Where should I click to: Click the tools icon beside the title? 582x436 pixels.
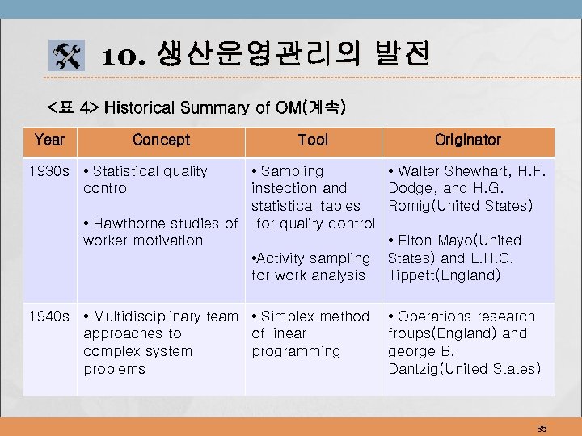pos(67,57)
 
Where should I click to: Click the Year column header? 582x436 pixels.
pos(49,140)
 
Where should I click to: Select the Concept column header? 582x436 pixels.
pos(161,140)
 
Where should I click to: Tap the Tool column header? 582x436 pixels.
pos(313,140)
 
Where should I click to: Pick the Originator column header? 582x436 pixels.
pos(467,140)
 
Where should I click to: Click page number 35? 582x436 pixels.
pos(542,429)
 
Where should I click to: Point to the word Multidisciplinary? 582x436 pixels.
pos(145,317)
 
